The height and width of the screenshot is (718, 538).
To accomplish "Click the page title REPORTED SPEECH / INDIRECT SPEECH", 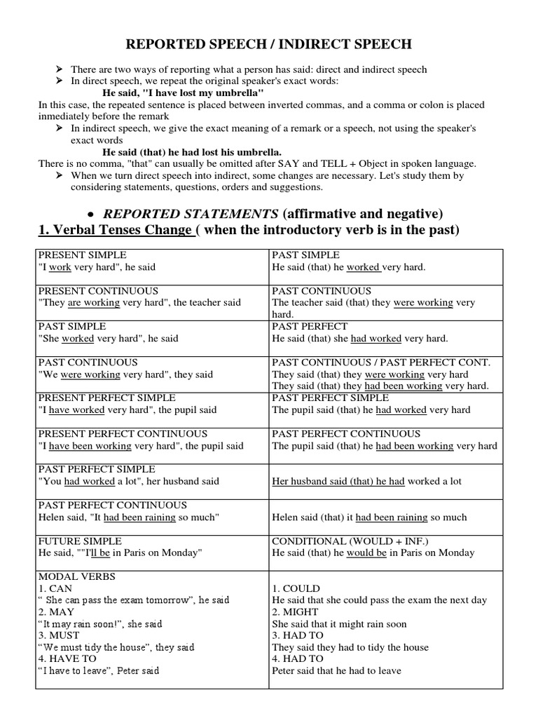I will pyautogui.click(x=268, y=45).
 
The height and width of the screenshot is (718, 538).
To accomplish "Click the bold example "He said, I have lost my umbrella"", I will pyautogui.click(x=183, y=93).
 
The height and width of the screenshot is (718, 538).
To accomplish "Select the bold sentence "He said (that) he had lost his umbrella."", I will pyautogui.click(x=192, y=151).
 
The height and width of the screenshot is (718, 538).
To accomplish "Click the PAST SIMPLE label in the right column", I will pyautogui.click(x=305, y=255).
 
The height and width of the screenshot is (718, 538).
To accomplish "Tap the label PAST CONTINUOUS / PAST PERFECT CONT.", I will pyautogui.click(x=381, y=363).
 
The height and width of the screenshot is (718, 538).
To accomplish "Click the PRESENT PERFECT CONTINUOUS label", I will pyautogui.click(x=123, y=434).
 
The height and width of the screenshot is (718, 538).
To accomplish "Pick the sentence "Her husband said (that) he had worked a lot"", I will pyautogui.click(x=366, y=482).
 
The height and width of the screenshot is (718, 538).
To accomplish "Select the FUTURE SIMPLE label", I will pyautogui.click(x=80, y=541).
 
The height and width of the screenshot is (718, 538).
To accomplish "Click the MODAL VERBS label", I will pyautogui.click(x=73, y=576).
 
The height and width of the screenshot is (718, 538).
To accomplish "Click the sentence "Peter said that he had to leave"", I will pyautogui.click(x=336, y=671).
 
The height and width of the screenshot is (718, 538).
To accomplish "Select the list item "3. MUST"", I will pyautogui.click(x=61, y=636).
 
